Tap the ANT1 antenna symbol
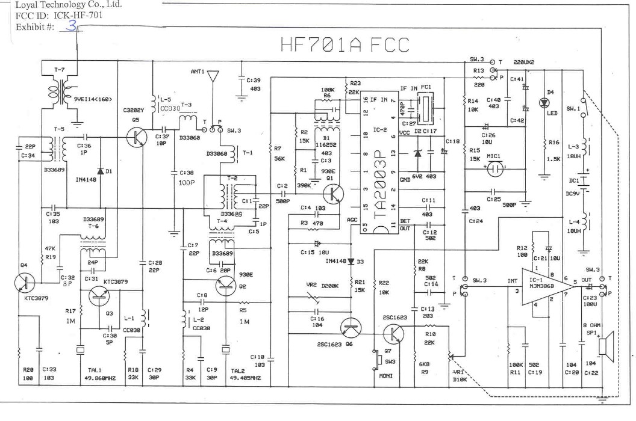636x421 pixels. [x=213, y=76]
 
